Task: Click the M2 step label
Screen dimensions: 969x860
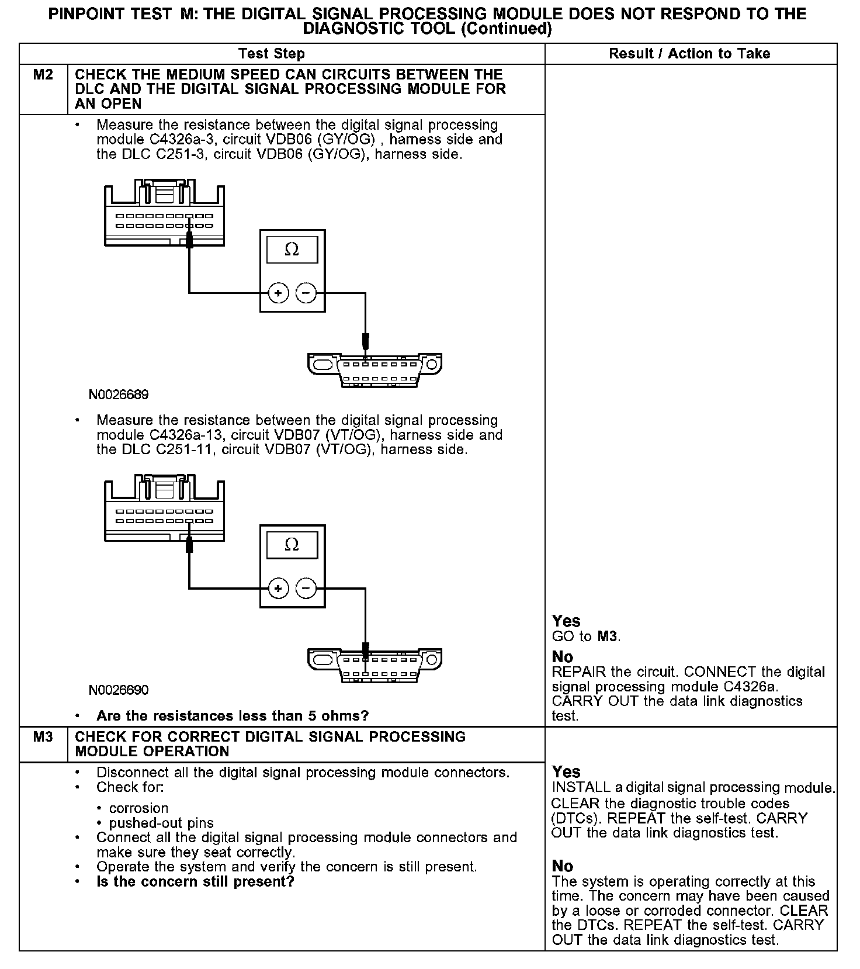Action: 43,75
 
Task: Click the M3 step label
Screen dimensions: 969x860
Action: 43,736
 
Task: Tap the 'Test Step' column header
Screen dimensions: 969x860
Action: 272,54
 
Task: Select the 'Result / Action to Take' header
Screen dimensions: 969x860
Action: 689,54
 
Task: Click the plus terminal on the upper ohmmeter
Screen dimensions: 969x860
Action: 278,293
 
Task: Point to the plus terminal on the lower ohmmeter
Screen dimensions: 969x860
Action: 278,588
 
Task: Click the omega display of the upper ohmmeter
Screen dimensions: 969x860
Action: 292,250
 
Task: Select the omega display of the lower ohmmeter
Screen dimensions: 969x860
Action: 292,545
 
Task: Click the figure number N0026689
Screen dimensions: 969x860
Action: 119,395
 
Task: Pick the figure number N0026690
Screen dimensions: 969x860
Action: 119,690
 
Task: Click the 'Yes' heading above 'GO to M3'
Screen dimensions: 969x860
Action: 566,621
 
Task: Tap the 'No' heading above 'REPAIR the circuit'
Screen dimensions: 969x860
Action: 563,657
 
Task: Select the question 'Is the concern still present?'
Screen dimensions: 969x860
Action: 195,881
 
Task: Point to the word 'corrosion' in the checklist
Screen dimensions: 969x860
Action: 139,808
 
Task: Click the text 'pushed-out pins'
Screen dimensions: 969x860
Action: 161,823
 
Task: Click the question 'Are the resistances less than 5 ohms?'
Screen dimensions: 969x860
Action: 233,716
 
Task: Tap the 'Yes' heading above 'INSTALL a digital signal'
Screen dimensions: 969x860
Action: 566,772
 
